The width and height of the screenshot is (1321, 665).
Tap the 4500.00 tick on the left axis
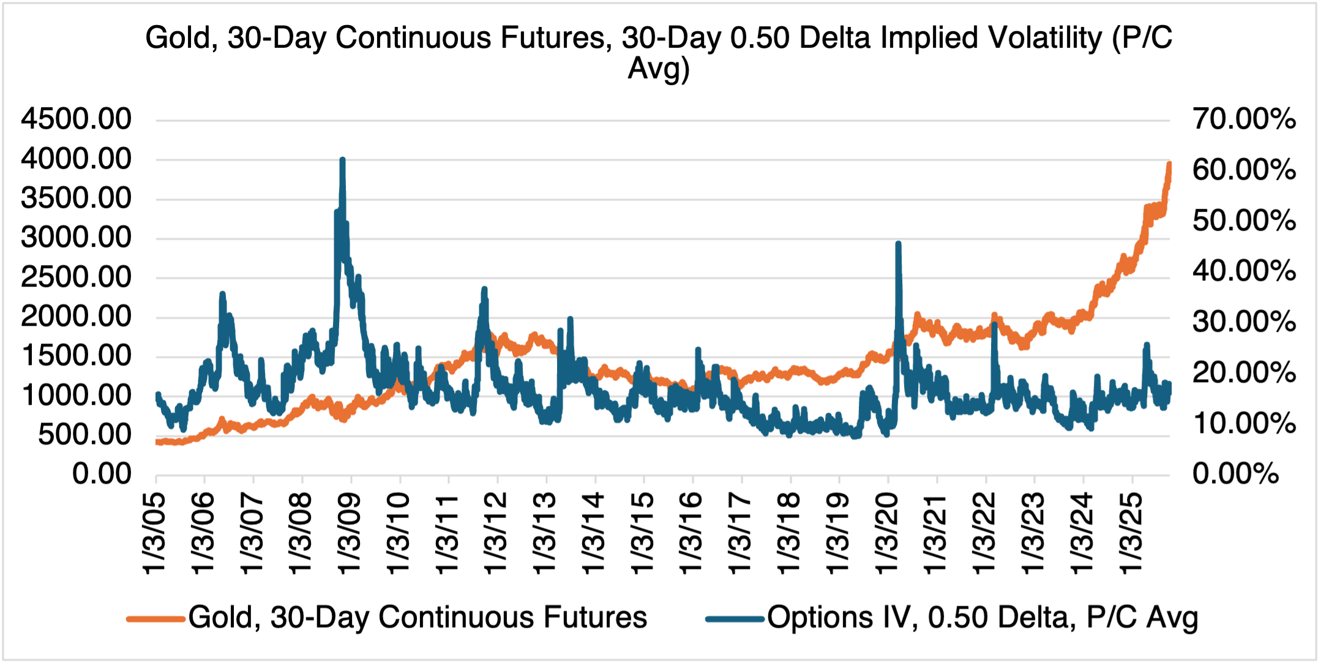tap(77, 119)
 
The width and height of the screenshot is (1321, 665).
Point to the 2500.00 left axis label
tap(77, 277)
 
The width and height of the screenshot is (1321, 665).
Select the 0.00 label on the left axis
tap(102, 475)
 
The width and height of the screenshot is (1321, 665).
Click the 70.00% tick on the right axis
tap(1244, 119)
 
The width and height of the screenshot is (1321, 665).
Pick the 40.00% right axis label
tap(1244, 271)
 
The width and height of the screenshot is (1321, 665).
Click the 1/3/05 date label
tap(155, 533)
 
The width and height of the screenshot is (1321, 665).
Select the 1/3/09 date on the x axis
tap(350, 533)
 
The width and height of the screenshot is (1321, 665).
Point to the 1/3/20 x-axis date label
tap(888, 533)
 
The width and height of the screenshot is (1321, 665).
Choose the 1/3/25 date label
tap(1131, 533)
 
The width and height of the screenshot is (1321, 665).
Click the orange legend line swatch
tap(155, 619)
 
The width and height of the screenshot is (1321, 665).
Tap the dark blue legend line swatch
tap(734, 619)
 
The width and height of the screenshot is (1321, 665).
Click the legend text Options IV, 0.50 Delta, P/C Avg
tap(982, 618)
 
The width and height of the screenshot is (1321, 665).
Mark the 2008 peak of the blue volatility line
tap(342, 160)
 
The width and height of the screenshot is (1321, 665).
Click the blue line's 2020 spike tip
tap(898, 244)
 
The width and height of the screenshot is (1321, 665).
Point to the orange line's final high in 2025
tap(1169, 164)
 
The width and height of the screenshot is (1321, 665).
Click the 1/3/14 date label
tap(594, 533)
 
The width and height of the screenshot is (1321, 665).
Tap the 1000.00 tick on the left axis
tap(77, 396)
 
